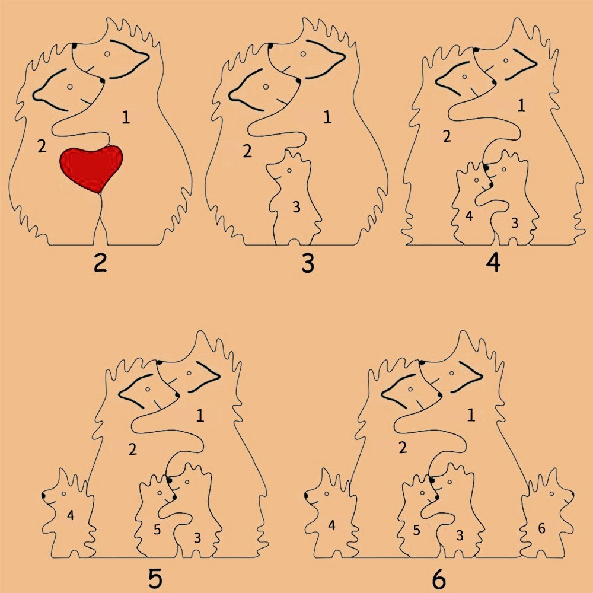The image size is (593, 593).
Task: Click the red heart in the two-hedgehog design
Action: (x=91, y=168)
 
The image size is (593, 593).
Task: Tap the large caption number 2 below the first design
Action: (x=100, y=263)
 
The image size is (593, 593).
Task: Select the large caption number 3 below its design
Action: (x=308, y=263)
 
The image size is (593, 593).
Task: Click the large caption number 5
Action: (x=155, y=578)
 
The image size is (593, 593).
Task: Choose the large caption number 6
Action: (x=439, y=579)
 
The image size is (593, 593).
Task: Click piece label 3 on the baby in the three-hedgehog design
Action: (x=296, y=207)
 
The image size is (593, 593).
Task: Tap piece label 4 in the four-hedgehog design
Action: (x=469, y=216)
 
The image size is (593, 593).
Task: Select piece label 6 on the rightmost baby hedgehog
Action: (x=541, y=528)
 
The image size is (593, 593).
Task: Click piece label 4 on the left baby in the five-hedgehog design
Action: (x=71, y=515)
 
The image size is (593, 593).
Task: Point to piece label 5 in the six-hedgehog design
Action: (x=416, y=530)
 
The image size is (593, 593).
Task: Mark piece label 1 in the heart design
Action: (x=126, y=117)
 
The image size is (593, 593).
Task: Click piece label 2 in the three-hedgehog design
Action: (x=247, y=151)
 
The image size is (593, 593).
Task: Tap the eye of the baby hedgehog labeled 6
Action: (x=551, y=493)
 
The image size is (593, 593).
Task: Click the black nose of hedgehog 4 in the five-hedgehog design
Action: (x=44, y=495)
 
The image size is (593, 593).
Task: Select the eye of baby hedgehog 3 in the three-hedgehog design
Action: (x=289, y=171)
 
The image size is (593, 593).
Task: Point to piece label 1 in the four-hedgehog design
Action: (x=521, y=106)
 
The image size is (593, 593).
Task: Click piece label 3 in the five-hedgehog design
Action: (x=197, y=537)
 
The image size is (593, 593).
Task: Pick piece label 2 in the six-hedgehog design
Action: (x=403, y=448)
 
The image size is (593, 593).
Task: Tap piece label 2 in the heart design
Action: (x=42, y=146)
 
